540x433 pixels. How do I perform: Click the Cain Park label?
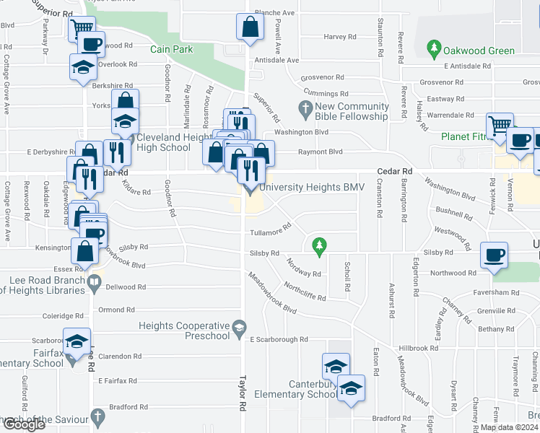[x=171, y=50]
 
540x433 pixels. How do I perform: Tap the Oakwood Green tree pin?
[x=434, y=50]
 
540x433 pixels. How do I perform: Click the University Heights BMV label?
[x=310, y=188]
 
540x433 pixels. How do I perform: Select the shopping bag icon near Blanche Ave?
[x=249, y=28]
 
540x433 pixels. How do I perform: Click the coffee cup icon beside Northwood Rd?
[x=495, y=255]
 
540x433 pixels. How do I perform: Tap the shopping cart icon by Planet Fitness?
[x=499, y=126]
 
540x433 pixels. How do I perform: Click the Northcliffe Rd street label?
[x=305, y=292]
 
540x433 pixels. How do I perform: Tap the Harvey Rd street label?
[x=341, y=37]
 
